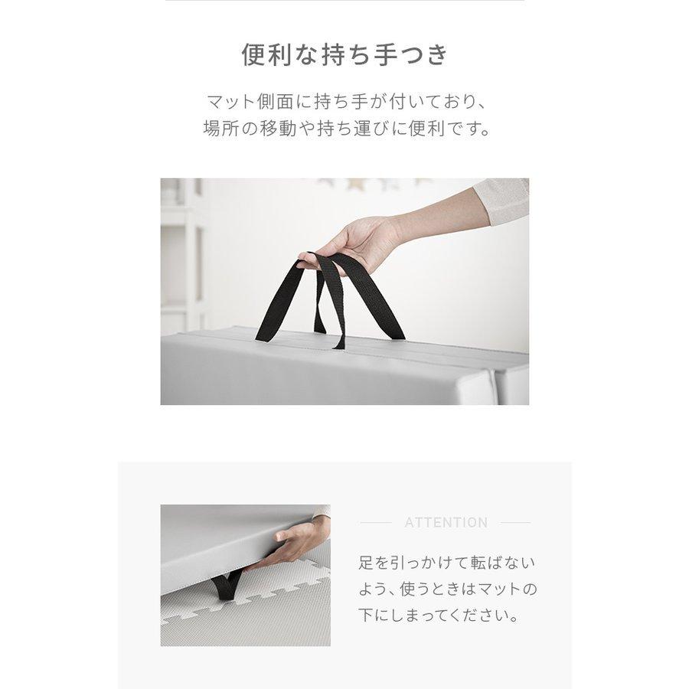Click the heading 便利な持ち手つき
tap(344, 55)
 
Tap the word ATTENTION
tap(446, 523)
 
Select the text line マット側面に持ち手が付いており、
tap(344, 102)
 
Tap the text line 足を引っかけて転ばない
tap(447, 563)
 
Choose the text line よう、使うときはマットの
tap(447, 589)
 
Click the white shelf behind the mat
tap(182, 253)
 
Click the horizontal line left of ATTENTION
tap(376, 523)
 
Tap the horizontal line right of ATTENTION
tap(514, 523)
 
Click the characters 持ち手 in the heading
tap(367, 55)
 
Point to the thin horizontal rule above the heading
tap(344, 2)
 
